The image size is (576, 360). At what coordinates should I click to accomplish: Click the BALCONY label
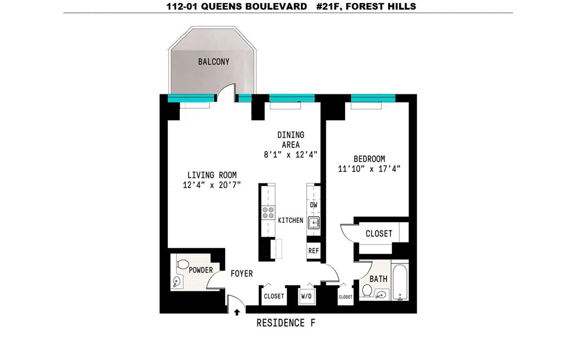point(214,62)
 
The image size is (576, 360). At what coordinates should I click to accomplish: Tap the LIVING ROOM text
point(212,175)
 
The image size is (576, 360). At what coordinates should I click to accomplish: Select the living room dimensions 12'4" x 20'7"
point(212,185)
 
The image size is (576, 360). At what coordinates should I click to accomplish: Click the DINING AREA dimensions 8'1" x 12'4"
point(290,155)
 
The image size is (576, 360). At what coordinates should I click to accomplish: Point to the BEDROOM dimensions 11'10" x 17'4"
point(369,169)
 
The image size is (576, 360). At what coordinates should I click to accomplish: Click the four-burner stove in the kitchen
point(268,213)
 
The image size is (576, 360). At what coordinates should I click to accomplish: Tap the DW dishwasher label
point(313,205)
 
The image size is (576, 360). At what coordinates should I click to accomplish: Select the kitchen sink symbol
point(314,223)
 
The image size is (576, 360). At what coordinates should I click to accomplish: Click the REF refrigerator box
point(313,250)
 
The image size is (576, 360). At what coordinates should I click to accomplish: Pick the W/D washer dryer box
point(306,296)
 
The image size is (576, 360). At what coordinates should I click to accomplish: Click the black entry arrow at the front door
point(237,312)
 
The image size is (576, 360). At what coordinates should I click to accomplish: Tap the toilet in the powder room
point(182,264)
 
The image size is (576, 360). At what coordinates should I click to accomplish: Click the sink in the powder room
point(177,281)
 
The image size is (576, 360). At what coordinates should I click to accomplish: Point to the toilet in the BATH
point(367,290)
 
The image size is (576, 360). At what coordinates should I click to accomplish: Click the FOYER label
point(241,274)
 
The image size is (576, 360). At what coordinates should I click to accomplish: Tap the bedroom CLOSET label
point(379,234)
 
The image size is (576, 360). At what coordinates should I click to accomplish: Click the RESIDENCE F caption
point(286,323)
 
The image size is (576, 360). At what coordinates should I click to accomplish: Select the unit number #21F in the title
point(328,6)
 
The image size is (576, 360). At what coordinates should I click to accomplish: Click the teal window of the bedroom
point(373,98)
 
